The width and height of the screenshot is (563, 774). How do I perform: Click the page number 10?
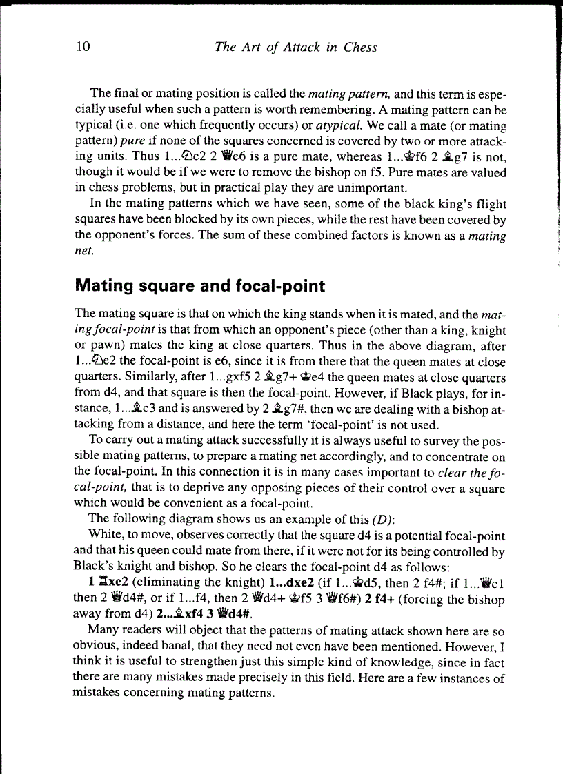(83, 47)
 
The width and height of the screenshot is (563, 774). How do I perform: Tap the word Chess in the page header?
(360, 47)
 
